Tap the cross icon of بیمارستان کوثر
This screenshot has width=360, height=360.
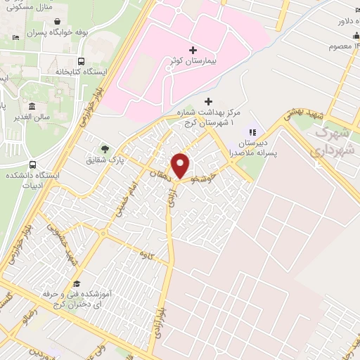click(193, 50)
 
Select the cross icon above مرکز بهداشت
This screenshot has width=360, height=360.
click(207, 101)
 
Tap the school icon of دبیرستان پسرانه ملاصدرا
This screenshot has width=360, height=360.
click(252, 131)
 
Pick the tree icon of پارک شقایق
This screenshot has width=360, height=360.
click(105, 148)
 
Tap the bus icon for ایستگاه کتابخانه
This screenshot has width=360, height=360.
click(82, 61)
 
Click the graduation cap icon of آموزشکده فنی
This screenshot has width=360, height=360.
click(75, 283)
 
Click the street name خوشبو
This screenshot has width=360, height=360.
click(210, 172)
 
